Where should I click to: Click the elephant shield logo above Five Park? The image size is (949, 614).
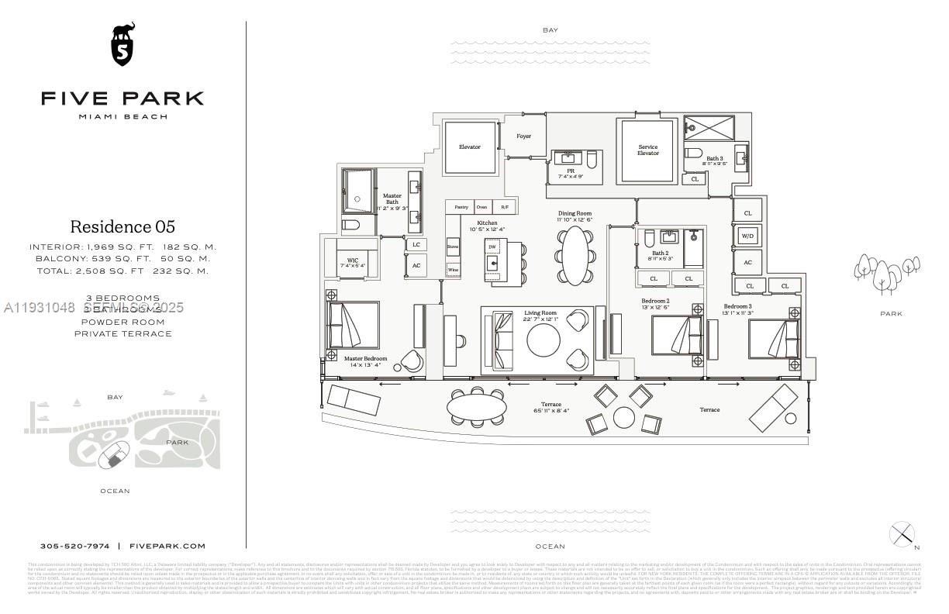point(123,45)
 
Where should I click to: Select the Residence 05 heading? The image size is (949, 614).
point(123,226)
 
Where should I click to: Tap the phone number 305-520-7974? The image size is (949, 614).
point(75,546)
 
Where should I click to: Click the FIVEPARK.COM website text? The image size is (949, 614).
point(167,546)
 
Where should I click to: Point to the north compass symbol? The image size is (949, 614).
point(902,534)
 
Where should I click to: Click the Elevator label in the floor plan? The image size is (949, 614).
point(469,147)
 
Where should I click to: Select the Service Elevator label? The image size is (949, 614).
point(647,150)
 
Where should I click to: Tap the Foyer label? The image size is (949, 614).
point(524,136)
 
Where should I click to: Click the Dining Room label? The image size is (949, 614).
point(575,213)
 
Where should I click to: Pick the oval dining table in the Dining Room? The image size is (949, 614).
point(575,255)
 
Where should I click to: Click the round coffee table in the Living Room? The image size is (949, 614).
point(544,339)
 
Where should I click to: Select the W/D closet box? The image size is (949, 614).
point(747,236)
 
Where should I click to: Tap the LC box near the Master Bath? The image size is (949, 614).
point(416,244)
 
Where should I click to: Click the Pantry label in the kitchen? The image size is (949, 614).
point(461,207)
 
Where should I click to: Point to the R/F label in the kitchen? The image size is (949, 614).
point(505,207)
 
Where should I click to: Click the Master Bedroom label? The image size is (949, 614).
point(365,358)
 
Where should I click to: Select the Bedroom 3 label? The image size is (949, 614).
point(737,306)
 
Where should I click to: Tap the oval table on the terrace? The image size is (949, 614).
point(477,406)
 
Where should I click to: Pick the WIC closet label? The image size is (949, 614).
point(352,260)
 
